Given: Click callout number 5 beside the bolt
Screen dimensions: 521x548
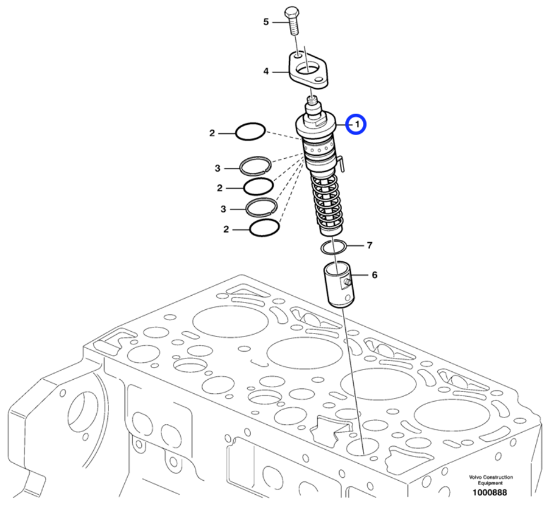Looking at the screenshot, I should click(265, 22).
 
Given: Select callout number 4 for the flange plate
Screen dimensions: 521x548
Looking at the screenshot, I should click(265, 71).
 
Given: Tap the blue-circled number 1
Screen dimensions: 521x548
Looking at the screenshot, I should click(356, 125).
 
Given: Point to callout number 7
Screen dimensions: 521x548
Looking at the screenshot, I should click(369, 246).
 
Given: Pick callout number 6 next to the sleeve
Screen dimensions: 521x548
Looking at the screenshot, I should click(374, 275).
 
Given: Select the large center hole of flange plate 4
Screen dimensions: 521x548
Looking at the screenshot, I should click(313, 77).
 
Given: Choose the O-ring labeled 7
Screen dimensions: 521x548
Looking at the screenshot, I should click(333, 247).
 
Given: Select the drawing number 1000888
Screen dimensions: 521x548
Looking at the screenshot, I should click(490, 493).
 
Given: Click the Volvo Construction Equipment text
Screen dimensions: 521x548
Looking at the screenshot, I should click(490, 480).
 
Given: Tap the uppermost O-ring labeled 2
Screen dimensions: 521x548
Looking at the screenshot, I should click(250, 131).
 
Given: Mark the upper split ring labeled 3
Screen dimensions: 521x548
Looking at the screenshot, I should click(256, 165).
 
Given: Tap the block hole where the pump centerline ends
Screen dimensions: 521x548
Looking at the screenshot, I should click(362, 449).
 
